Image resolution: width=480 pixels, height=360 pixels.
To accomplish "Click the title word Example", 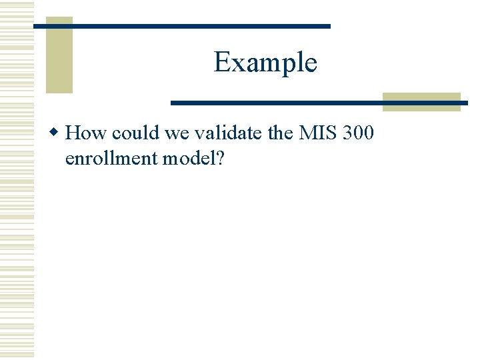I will coord(265,63).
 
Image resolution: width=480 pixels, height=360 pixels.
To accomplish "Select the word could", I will coord(136,133).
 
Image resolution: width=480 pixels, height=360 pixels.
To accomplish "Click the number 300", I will coord(357,133).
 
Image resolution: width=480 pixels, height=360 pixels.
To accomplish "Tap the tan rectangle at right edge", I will coord(421,101).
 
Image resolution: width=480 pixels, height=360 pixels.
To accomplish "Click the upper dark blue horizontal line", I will coord(182,26).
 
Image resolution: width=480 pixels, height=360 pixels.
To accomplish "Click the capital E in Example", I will coord(221,63).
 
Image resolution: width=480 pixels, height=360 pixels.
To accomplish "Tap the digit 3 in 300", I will coord(346,133).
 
